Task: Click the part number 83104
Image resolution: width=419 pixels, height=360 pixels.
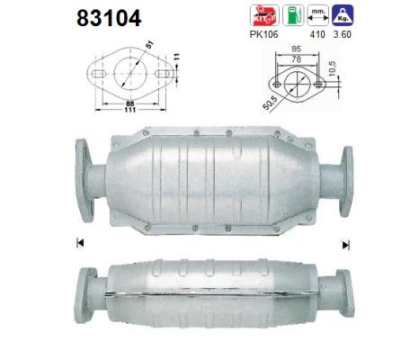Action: [x=109, y=18]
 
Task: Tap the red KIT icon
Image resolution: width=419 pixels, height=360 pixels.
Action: [x=264, y=15]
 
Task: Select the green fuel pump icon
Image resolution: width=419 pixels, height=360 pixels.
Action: [x=293, y=15]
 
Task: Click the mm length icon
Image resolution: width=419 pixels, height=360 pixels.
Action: [x=317, y=15]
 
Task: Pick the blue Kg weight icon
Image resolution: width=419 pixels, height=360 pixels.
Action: [x=343, y=15]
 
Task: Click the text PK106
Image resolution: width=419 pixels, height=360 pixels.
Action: [x=263, y=34]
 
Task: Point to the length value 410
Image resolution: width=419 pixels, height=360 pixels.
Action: [x=317, y=34]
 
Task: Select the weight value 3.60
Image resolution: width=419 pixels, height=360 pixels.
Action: [x=343, y=34]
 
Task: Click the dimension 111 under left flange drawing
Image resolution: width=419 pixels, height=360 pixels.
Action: [x=130, y=110]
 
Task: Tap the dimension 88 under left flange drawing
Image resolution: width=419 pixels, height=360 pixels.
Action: [x=130, y=103]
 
